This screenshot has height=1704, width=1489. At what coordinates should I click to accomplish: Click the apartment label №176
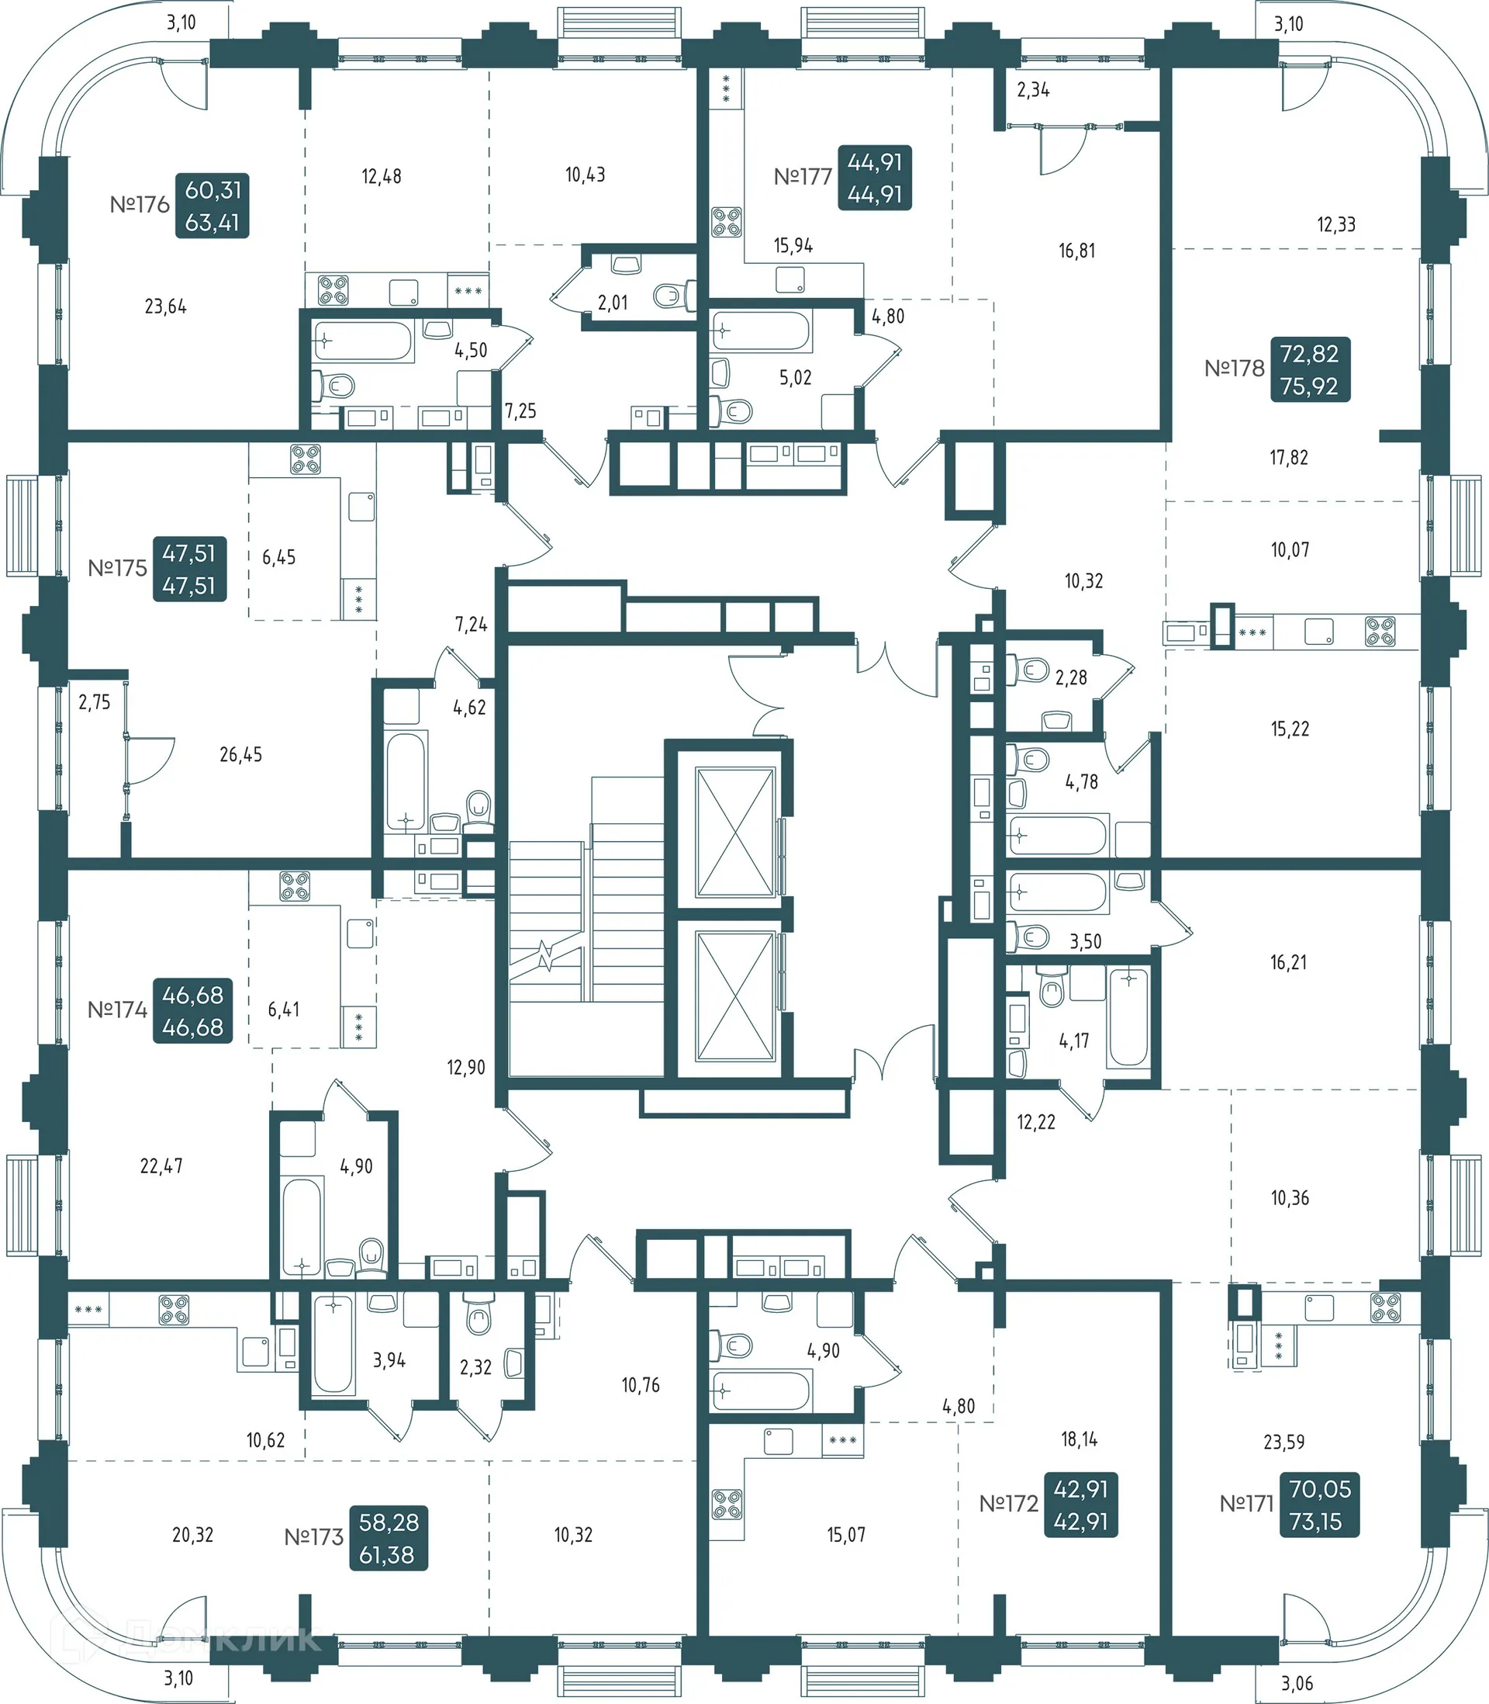[140, 205]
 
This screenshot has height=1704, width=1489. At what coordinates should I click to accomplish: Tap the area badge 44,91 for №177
[874, 178]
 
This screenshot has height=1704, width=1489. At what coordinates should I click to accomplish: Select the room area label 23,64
[165, 307]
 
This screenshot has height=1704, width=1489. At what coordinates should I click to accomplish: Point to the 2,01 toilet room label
[613, 303]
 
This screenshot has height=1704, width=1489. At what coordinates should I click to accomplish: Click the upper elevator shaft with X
[734, 832]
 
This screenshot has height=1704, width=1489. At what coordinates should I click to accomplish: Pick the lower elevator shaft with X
[734, 996]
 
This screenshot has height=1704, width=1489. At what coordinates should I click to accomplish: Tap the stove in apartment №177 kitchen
[726, 222]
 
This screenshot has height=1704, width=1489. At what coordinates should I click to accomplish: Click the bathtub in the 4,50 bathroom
[363, 341]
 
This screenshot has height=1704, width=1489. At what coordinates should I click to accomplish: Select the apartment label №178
[1234, 369]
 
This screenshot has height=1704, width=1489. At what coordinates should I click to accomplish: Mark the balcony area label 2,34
[1033, 90]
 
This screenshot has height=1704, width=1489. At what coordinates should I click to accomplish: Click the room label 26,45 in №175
[240, 755]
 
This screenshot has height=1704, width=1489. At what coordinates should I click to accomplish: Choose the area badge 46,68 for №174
[193, 1011]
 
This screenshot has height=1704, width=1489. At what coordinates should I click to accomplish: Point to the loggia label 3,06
[1296, 1684]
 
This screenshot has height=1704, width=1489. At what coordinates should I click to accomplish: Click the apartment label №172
[1008, 1504]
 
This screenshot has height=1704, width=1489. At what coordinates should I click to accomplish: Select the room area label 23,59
[1283, 1443]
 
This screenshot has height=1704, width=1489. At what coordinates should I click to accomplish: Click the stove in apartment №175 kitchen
[305, 459]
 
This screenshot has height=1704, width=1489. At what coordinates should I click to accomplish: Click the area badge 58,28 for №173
[388, 1539]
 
